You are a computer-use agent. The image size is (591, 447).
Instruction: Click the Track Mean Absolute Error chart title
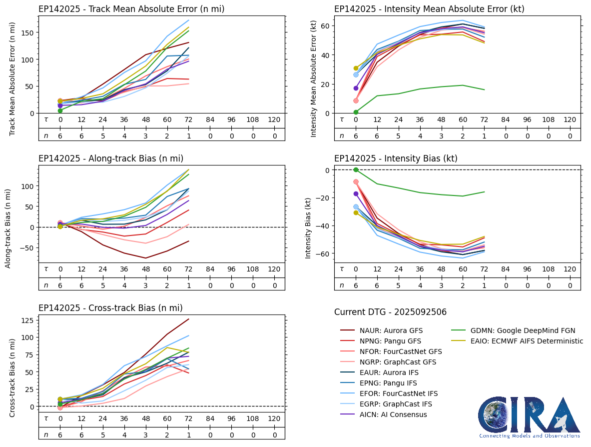pos(131,9)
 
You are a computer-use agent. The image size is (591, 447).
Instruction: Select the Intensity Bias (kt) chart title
pos(396,158)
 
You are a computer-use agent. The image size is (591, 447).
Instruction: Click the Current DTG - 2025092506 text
pos(390,312)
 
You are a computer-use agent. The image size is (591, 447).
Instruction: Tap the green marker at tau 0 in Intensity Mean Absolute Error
pos(356,112)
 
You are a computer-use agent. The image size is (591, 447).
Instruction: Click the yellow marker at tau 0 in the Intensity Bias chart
pos(356,213)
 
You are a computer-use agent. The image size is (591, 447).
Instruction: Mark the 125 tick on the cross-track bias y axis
pos(29,320)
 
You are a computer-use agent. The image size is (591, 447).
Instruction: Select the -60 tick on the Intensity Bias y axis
pos(323,253)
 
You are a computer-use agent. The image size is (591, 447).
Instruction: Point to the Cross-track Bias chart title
pos(110,308)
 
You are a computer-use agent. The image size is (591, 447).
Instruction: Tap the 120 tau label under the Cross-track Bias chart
pos(274,418)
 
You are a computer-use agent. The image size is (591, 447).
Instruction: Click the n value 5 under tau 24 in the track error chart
pos(103,135)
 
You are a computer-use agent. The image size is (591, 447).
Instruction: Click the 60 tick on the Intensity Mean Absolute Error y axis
pos(325,25)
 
